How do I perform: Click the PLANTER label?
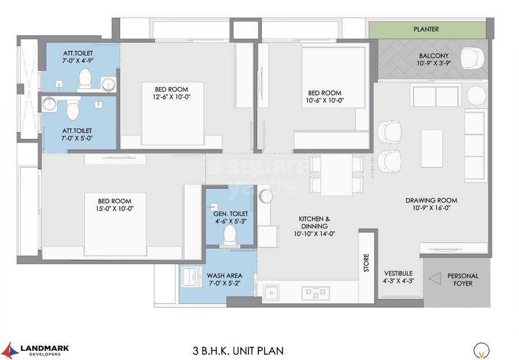(426, 29)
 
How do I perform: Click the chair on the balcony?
(473, 58)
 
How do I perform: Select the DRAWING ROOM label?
(431, 201)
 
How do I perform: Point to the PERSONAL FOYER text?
(460, 279)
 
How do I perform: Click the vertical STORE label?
(366, 263)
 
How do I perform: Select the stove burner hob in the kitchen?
(315, 292)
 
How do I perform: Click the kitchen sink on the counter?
(273, 292)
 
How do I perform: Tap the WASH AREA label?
(225, 275)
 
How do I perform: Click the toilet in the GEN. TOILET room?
(230, 234)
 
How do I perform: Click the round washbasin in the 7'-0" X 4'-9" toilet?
(108, 85)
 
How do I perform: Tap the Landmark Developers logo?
(36, 350)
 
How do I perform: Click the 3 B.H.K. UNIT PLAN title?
(238, 350)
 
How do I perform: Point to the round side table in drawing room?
(476, 95)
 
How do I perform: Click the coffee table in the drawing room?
(432, 148)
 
